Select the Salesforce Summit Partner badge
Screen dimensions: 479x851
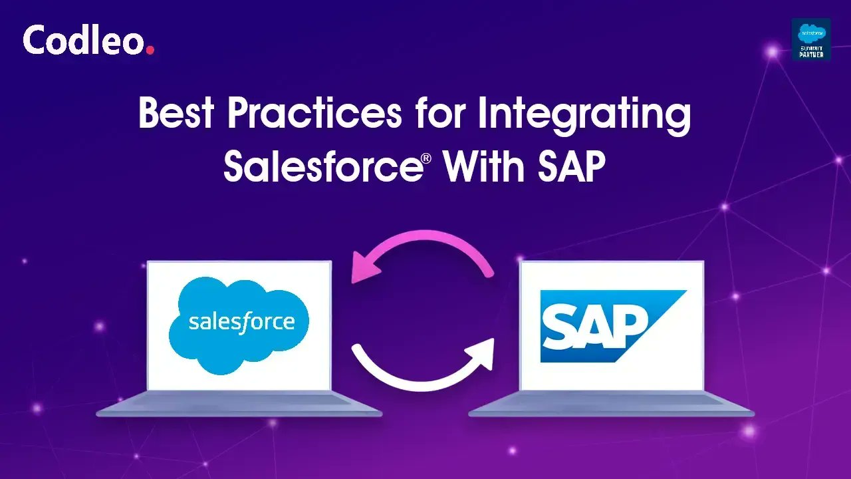pyautogui.click(x=811, y=39)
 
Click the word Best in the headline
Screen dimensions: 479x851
pyautogui.click(x=176, y=113)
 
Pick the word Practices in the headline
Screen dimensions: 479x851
pyautogui.click(x=314, y=113)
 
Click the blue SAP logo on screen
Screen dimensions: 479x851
pyautogui.click(x=602, y=326)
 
